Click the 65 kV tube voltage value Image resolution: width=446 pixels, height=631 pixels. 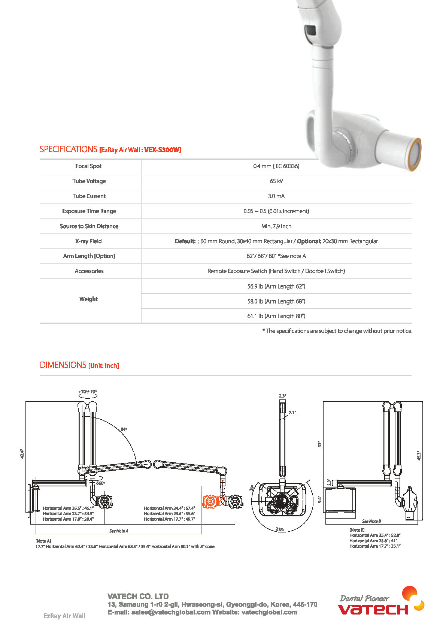pos(276,181)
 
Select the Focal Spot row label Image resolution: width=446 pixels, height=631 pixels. pos(88,166)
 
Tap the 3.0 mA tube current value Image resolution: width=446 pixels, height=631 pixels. pos(276,196)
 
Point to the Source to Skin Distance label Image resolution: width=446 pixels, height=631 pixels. pos(89,226)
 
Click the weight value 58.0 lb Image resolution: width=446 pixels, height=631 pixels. pos(276,301)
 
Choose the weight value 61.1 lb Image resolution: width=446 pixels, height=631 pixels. pos(276,316)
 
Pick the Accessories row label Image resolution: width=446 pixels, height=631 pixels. pos(89,271)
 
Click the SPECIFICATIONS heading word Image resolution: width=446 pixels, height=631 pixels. pos(68,150)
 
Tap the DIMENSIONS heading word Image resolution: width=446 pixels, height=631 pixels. pos(63,365)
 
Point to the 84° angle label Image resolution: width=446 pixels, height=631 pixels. pos(124,429)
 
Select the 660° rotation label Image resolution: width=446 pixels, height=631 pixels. pos(100,483)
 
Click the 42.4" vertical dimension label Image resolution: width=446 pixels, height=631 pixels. pos(22,454)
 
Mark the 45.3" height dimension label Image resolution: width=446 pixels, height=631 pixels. pos(419,456)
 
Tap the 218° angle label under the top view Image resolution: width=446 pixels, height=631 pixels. pos(280,529)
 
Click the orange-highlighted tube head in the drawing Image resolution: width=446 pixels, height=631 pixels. pos(210,501)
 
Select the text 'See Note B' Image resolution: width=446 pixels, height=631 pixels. pos(371,521)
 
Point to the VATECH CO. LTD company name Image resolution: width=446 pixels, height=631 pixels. pos(138,596)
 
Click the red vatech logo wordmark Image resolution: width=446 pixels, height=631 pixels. pos(373,609)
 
